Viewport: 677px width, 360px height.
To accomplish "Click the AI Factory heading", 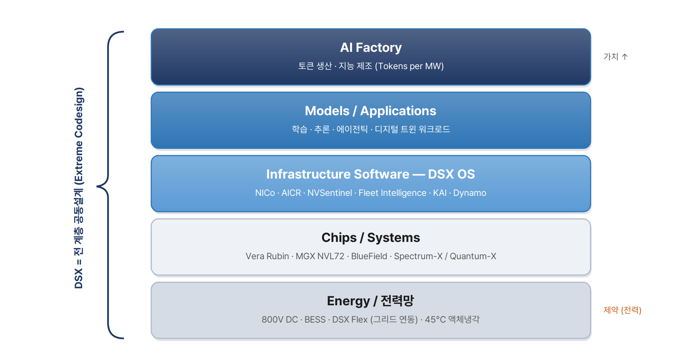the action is click(371, 48).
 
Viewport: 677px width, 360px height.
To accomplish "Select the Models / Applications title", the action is click(371, 111).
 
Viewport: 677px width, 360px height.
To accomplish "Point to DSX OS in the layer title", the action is click(452, 174).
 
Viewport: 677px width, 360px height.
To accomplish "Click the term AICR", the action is click(291, 193).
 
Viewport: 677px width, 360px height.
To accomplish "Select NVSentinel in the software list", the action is click(330, 193).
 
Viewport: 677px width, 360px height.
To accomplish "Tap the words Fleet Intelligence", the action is click(393, 193).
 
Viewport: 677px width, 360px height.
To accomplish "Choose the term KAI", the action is click(440, 193).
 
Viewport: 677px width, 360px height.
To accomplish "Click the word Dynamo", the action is click(470, 193).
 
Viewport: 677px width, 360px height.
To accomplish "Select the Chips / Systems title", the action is click(371, 238).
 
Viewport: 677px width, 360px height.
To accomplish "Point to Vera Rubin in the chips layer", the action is click(268, 256).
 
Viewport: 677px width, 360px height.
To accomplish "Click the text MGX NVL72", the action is click(320, 256).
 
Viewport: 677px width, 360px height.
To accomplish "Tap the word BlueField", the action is click(369, 256).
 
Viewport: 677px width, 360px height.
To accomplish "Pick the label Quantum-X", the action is click(473, 256).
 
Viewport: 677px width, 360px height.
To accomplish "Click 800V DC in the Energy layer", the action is click(280, 320).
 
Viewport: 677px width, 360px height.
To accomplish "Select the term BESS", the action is click(315, 320).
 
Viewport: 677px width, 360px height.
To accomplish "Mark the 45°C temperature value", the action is click(435, 320).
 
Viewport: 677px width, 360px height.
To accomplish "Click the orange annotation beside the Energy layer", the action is click(622, 310).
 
